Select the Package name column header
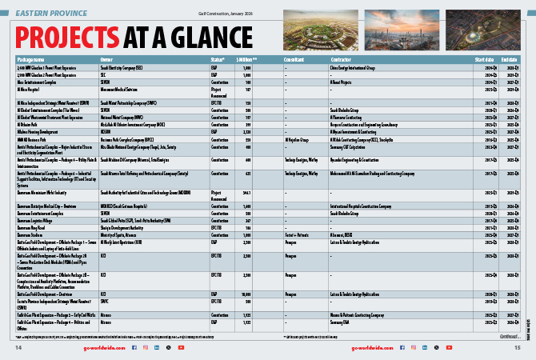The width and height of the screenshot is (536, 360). click(31, 59)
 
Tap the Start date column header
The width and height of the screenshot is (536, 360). click(483, 59)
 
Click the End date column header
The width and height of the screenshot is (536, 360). click(509, 59)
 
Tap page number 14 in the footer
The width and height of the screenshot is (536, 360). click(18, 348)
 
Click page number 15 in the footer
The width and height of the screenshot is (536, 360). click(518, 348)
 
